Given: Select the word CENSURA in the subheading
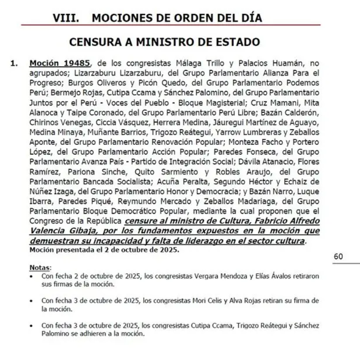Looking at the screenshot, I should click(x=97, y=42).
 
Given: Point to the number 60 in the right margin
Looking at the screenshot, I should click(x=338, y=256).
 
